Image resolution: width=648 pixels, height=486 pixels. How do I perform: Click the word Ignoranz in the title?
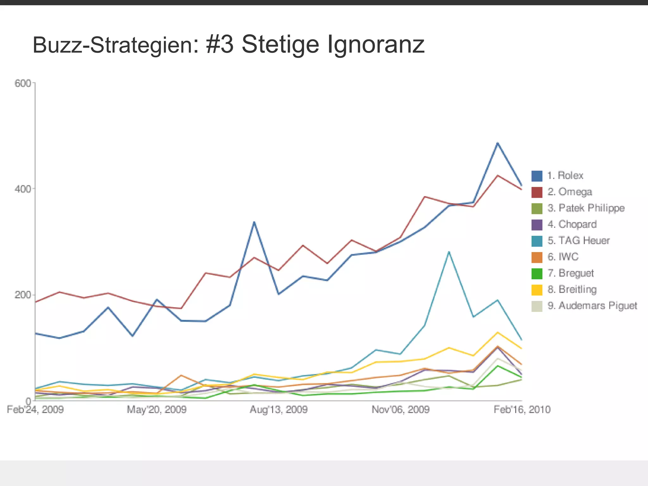point(376,45)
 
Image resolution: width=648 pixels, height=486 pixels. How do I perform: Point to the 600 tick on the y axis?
point(22,83)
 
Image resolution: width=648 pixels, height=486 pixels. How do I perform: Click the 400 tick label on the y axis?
point(22,189)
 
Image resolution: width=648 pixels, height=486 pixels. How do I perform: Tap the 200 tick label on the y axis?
point(22,295)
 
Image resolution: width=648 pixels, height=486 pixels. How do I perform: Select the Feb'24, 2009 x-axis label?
point(35,409)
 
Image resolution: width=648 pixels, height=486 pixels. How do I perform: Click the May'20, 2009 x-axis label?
point(157,409)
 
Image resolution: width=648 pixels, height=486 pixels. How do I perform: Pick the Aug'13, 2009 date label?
point(278,409)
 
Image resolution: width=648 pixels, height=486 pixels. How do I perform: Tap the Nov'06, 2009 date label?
point(400,409)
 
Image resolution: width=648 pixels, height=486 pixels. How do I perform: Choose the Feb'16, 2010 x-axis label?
point(522,409)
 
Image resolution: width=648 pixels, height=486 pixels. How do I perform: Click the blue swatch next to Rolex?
point(537,176)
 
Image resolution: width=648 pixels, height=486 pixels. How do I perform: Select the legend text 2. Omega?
point(570,192)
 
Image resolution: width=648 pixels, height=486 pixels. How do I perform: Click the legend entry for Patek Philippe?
point(586,208)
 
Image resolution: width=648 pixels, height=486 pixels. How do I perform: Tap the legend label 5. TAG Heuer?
point(578,240)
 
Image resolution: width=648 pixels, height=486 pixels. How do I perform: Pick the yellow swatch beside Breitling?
point(537,290)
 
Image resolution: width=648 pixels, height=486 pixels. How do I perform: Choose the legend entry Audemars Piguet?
point(592,306)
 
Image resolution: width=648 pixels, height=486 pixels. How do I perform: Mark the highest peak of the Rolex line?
point(497,143)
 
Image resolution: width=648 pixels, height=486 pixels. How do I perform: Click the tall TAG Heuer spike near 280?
point(449,252)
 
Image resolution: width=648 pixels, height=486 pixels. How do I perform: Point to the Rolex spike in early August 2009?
point(254,222)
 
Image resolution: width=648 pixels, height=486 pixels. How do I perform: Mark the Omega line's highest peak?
point(498,175)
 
